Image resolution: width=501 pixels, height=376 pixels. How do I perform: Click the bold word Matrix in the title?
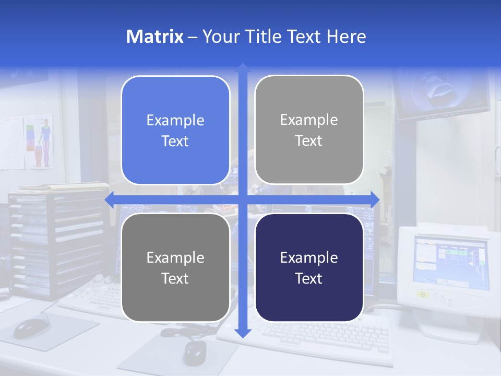click(155, 37)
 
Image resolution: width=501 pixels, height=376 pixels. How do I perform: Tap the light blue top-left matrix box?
click(175, 130)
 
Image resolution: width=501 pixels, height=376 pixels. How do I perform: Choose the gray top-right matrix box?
click(309, 130)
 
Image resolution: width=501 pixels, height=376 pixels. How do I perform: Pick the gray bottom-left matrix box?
click(175, 267)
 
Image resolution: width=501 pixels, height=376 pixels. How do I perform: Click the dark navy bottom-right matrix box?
click(309, 267)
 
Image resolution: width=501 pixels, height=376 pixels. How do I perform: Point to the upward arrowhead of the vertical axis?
click(242, 67)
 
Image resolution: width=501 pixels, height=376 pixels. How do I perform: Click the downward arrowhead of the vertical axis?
click(242, 333)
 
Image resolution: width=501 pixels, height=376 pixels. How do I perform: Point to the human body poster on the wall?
click(40, 142)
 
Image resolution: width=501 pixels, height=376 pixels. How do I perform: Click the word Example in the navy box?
click(309, 257)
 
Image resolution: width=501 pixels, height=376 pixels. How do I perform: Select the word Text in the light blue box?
click(175, 141)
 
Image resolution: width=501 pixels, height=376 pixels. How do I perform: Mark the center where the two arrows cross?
click(242, 199)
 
